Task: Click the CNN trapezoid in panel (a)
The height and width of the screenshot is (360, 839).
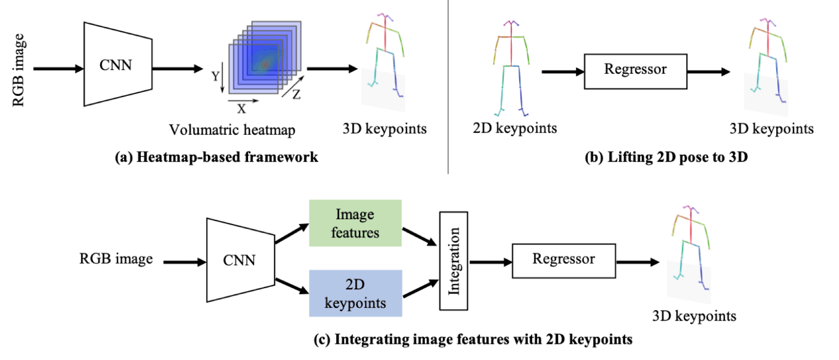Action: pyautogui.click(x=118, y=64)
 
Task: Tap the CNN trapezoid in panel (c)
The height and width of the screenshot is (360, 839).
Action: pyautogui.click(x=240, y=260)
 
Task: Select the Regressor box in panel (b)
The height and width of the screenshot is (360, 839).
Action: pyautogui.click(x=636, y=71)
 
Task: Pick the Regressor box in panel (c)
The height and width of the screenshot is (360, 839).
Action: pyautogui.click(x=564, y=261)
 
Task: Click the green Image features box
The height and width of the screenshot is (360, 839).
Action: pyautogui.click(x=355, y=223)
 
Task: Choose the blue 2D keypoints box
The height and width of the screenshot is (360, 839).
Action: pyautogui.click(x=355, y=294)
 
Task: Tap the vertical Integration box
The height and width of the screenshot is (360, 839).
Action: pyautogui.click(x=454, y=261)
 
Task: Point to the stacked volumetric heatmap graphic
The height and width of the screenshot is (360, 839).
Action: pyautogui.click(x=265, y=57)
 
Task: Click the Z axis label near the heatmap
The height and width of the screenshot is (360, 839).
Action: pyautogui.click(x=297, y=94)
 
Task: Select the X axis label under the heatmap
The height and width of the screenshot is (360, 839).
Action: pyautogui.click(x=242, y=109)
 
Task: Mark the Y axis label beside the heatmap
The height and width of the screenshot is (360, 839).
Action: pyautogui.click(x=215, y=76)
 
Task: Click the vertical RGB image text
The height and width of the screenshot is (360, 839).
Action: pyautogui.click(x=19, y=70)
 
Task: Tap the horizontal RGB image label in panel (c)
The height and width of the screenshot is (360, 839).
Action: pyautogui.click(x=116, y=259)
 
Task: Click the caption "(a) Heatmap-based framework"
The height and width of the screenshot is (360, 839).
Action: pyautogui.click(x=216, y=157)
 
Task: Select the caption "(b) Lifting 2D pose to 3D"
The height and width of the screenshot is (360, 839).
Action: pyautogui.click(x=666, y=157)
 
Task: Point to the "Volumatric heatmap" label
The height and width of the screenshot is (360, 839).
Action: pyautogui.click(x=233, y=130)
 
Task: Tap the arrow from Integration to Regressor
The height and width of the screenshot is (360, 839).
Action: pyautogui.click(x=490, y=262)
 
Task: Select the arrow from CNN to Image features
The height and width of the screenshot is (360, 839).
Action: pyautogui.click(x=292, y=234)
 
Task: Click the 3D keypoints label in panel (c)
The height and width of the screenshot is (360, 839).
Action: pyautogui.click(x=695, y=316)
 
